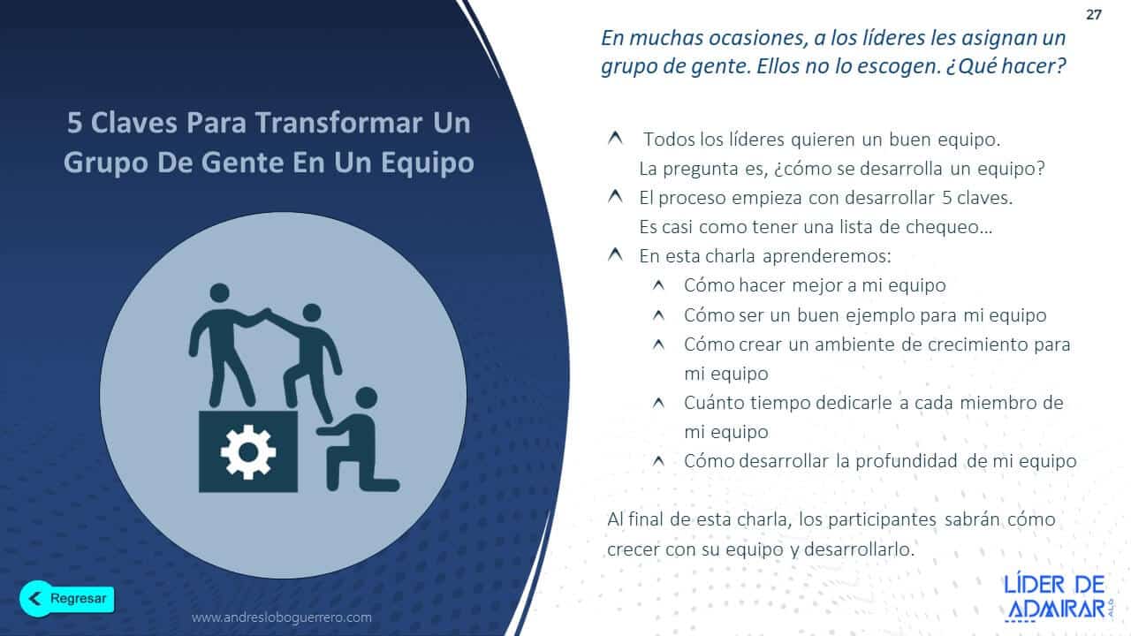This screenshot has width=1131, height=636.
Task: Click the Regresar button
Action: [x=67, y=598]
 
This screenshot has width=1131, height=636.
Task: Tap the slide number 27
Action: [x=1093, y=14]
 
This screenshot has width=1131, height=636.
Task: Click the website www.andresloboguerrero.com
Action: [x=282, y=617]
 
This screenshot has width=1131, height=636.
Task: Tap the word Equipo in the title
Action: [x=429, y=163]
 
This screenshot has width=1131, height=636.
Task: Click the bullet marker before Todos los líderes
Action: [x=614, y=139]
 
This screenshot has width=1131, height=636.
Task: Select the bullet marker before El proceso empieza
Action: [x=614, y=197]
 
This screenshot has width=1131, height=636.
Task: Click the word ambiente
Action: [x=849, y=344]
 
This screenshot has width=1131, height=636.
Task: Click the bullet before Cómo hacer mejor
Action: [x=658, y=285]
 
